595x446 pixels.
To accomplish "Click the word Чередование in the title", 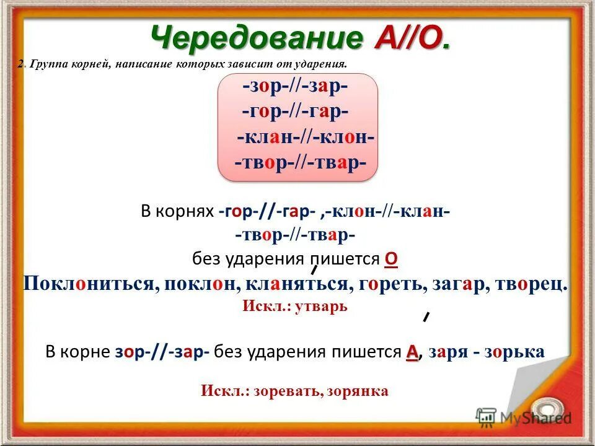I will tap(255, 38).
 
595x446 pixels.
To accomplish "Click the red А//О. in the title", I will tap(412, 38).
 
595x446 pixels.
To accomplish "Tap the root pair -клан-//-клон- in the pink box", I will tap(306, 138).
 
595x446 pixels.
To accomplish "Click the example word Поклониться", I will tap(88, 284).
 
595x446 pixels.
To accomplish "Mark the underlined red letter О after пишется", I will tap(391, 260).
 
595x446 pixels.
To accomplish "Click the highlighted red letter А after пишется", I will tap(412, 352).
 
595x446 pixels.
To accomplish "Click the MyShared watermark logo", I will tap(523, 417).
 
